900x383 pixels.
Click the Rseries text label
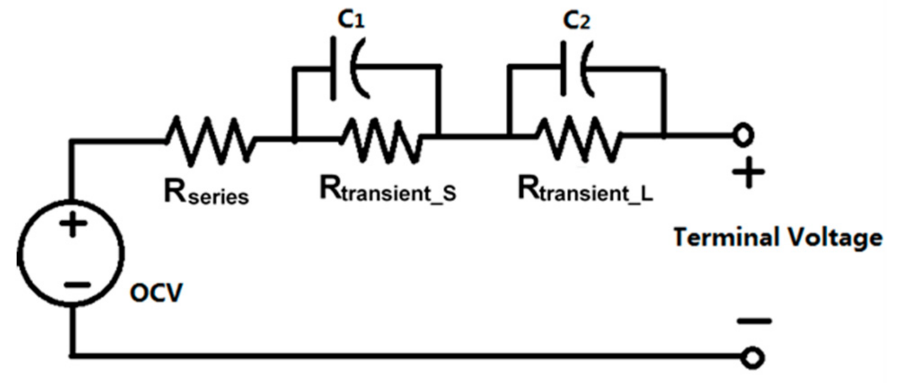click(206, 192)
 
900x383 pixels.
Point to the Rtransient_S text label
click(388, 190)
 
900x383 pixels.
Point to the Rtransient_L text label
click(585, 190)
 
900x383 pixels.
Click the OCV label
click(156, 293)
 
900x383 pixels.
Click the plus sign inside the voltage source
click(73, 224)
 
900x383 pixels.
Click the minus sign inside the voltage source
click(77, 285)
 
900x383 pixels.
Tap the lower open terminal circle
click(752, 358)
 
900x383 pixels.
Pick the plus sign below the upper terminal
click(748, 173)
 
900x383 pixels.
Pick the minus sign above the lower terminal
click(754, 321)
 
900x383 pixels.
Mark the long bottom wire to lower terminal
click(404, 356)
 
